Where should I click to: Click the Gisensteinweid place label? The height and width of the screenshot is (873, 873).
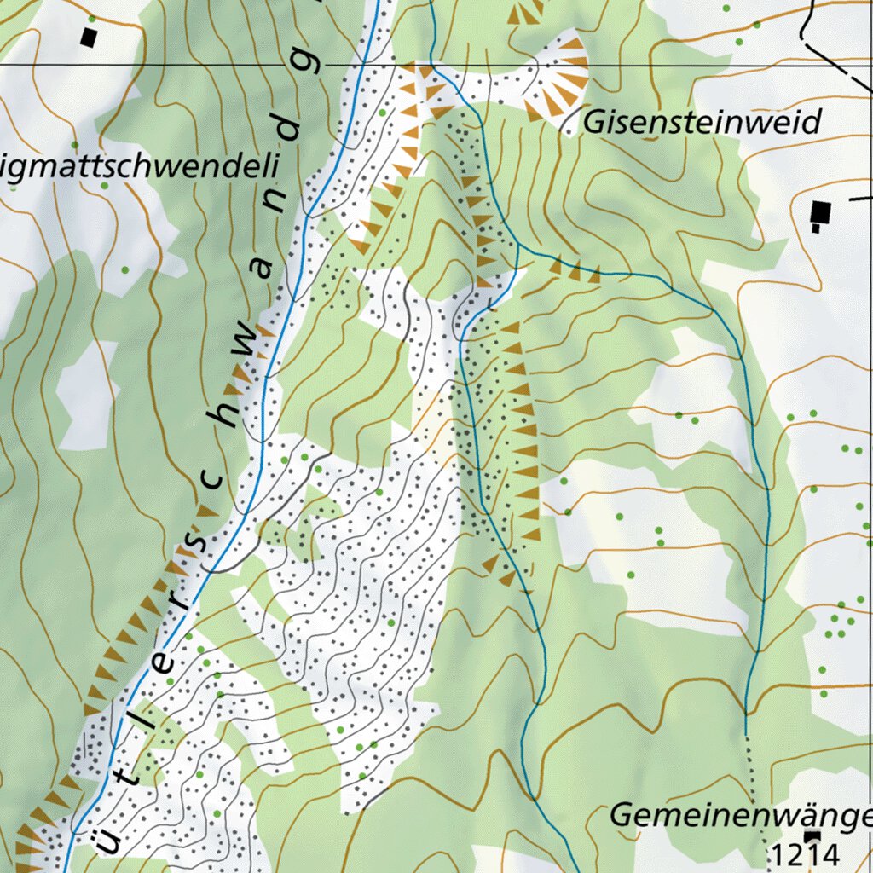701,124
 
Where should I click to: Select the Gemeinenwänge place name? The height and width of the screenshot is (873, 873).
740,816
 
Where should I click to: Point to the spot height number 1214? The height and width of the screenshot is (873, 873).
806,853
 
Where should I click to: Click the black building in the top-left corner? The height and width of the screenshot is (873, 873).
89,38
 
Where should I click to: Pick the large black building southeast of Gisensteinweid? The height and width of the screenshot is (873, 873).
821,211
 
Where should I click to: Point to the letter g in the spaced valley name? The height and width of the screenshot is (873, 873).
311,64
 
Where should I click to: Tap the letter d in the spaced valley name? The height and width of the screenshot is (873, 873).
290,130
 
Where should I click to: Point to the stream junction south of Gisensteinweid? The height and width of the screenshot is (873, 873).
517,247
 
